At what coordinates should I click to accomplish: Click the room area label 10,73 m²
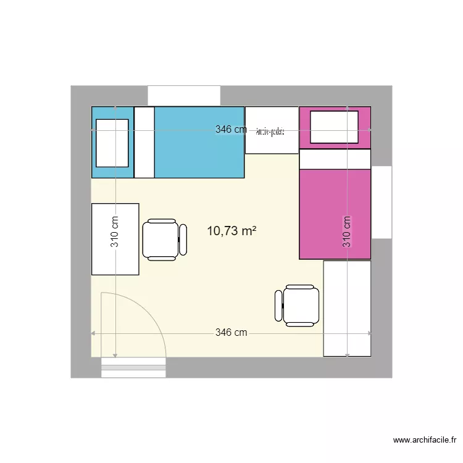231,231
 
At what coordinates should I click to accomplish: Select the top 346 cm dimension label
231,130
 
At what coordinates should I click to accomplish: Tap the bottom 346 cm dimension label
231,333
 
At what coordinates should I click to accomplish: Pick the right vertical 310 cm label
347,231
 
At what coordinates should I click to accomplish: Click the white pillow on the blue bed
112,143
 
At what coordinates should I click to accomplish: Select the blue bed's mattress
199,143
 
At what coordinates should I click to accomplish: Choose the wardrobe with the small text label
272,130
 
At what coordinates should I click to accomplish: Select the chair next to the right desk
297,305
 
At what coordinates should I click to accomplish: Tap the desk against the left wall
115,239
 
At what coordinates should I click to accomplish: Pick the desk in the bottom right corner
347,308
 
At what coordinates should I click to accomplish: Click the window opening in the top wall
183,96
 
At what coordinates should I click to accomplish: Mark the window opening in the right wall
382,202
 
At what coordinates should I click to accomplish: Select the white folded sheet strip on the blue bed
144,143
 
